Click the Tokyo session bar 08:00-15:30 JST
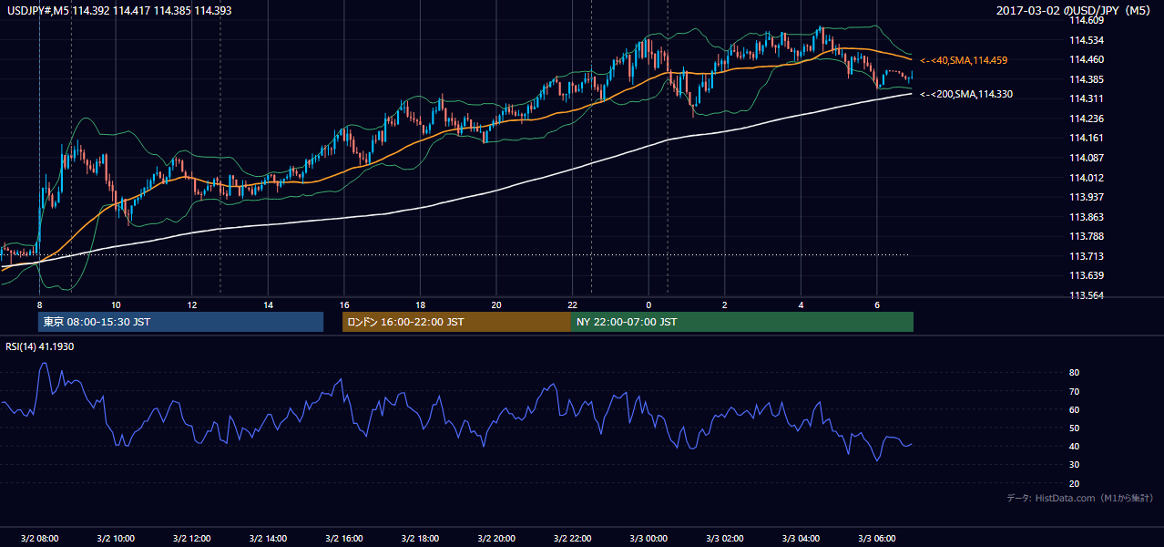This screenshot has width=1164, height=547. pyautogui.click(x=181, y=322)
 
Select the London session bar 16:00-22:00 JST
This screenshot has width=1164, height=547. pyautogui.click(x=456, y=322)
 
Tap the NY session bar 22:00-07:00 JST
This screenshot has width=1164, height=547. pyautogui.click(x=742, y=322)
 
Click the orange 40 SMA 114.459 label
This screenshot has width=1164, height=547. pyautogui.click(x=964, y=60)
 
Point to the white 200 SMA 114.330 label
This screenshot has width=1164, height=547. pyautogui.click(x=966, y=94)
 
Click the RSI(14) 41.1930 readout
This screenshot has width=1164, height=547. pyautogui.click(x=39, y=346)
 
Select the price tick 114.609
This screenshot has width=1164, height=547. pyautogui.click(x=1087, y=21)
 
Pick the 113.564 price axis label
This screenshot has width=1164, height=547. pyautogui.click(x=1087, y=295)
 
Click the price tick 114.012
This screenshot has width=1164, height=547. pyautogui.click(x=1087, y=178)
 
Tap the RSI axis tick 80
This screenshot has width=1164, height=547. pyautogui.click(x=1074, y=372)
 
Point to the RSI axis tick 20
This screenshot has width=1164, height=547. pyautogui.click(x=1074, y=483)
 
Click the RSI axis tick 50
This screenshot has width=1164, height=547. pyautogui.click(x=1074, y=428)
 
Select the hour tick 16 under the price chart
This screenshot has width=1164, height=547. pyautogui.click(x=344, y=305)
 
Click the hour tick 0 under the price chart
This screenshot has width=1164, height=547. pyautogui.click(x=648, y=305)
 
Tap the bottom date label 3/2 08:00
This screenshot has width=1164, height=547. pyautogui.click(x=39, y=539)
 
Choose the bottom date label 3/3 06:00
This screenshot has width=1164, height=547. pyautogui.click(x=876, y=539)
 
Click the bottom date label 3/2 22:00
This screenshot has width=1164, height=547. pyautogui.click(x=572, y=539)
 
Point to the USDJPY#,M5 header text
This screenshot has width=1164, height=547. pyautogui.click(x=37, y=10)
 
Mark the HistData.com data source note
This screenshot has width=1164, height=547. pyautogui.click(x=1079, y=498)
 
